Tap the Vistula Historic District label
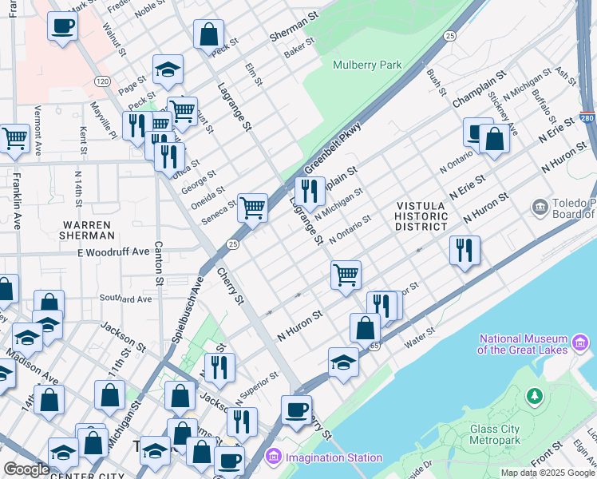(422, 216)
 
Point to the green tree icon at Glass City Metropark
(534, 395)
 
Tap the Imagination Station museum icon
(274, 457)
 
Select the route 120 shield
(101, 81)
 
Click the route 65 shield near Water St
(374, 346)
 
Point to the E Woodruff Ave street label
(114, 251)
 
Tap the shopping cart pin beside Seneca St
(252, 207)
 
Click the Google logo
(26, 469)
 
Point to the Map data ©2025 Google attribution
(548, 473)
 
